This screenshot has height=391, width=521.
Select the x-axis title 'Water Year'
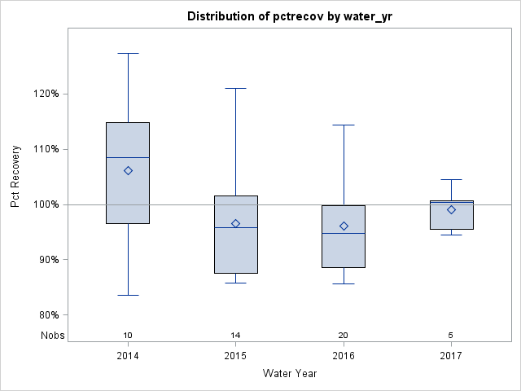point(289,373)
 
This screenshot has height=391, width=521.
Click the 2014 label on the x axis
point(128,356)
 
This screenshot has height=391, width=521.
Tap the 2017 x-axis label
point(451,356)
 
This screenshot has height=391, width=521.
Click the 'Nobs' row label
point(51,336)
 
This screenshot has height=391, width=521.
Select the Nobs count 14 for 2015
point(235,336)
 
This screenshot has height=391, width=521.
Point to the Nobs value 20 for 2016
point(344,336)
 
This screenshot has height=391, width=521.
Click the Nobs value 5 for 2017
point(451,336)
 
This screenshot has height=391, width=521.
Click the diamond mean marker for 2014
point(128,170)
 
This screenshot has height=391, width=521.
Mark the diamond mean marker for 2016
point(344,226)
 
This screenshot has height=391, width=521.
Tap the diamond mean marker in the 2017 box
point(451,209)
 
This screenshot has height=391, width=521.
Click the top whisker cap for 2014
point(128,53)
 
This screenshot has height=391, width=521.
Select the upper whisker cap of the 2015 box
point(235,88)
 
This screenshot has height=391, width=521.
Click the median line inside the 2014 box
point(128,157)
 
